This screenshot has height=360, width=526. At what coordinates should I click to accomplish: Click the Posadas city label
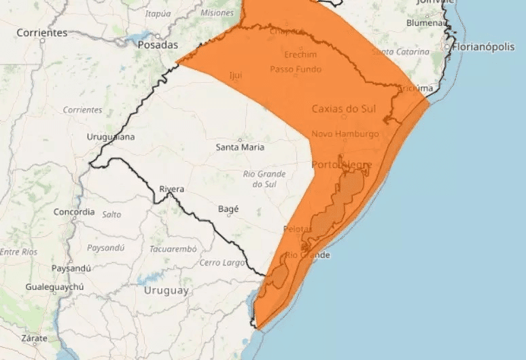click(x=157, y=45)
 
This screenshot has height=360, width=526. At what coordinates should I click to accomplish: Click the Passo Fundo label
click(x=296, y=69)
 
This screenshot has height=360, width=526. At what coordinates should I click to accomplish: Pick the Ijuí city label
click(x=235, y=75)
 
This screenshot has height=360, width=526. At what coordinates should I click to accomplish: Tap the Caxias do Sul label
click(x=344, y=109)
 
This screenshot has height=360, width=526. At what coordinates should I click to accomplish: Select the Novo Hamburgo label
click(x=345, y=134)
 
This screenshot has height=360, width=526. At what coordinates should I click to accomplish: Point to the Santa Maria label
click(x=240, y=147)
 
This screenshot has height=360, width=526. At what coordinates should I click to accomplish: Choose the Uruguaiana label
click(x=111, y=137)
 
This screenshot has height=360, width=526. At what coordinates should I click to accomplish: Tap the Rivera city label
click(x=171, y=188)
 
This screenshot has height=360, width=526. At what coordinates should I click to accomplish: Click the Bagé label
click(x=228, y=209)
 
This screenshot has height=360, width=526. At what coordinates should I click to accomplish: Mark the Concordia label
click(x=74, y=212)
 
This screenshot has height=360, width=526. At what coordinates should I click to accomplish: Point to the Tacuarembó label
click(x=173, y=249)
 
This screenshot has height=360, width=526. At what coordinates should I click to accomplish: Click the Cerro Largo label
click(x=220, y=262)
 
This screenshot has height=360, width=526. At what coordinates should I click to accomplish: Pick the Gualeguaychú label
click(x=54, y=287)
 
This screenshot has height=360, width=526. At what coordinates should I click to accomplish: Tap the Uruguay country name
click(x=166, y=290)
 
